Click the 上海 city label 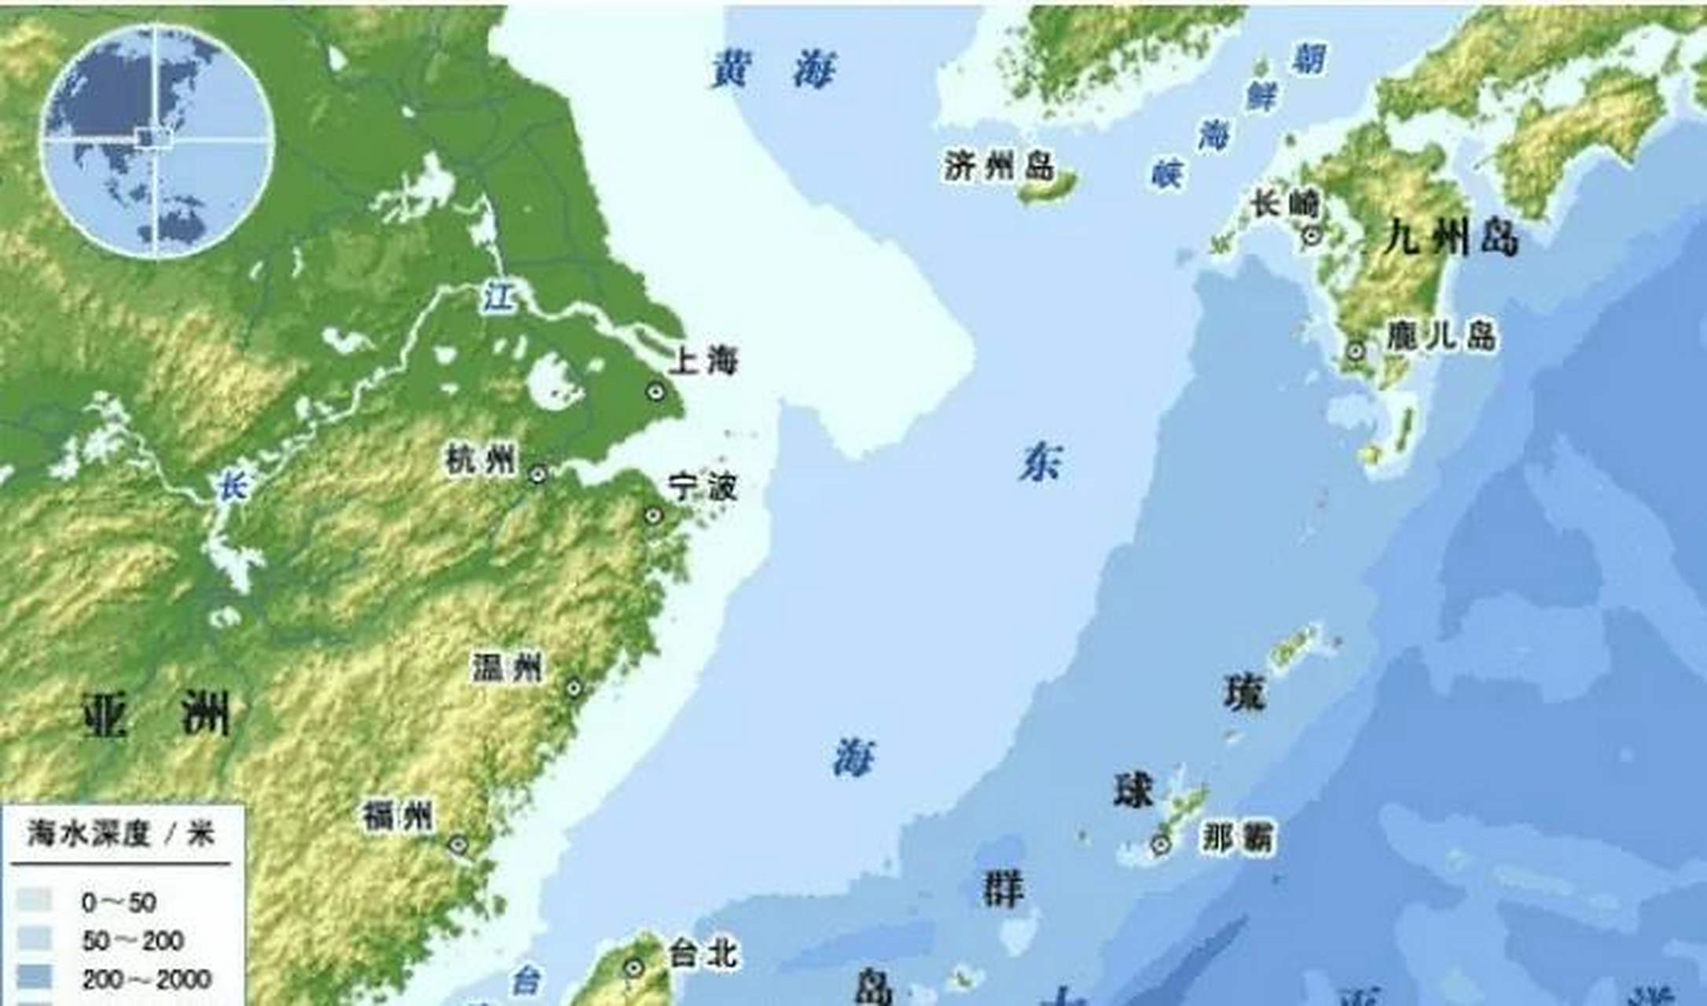(x=703, y=362)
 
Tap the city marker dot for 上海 (x=655, y=391)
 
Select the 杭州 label (x=481, y=459)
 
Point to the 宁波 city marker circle (x=653, y=516)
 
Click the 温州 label (x=507, y=668)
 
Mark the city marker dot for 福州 (x=458, y=846)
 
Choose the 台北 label (x=703, y=954)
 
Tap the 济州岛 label (x=998, y=165)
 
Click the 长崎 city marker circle (x=1311, y=233)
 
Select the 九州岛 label (x=1451, y=237)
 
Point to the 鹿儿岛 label (x=1440, y=336)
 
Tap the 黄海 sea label (x=774, y=69)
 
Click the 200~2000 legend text (x=146, y=979)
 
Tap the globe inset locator (x=156, y=140)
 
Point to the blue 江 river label (x=498, y=297)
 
